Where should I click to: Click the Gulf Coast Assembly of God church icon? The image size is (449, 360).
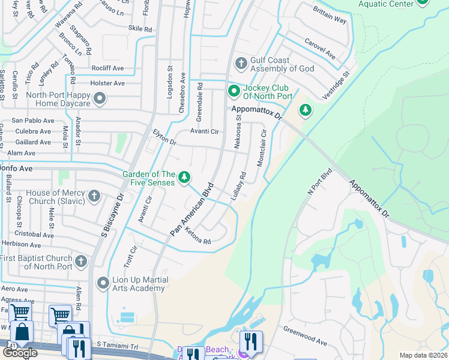pos(241,64)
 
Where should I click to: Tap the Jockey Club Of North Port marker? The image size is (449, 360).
pos(233,91)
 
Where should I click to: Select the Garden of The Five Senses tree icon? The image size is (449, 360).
pos(185,178)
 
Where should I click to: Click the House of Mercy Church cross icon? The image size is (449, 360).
pos(94,196)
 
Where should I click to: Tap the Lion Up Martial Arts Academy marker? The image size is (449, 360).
pos(103,283)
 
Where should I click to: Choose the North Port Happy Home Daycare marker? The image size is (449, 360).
pos(100,97)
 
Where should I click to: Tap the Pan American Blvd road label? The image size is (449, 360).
pos(192,208)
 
